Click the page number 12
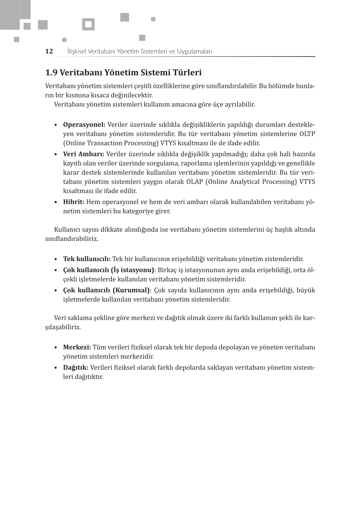pos(49,51)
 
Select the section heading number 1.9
pos(51,73)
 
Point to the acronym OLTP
pos(307,134)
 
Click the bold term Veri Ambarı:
pos(84,154)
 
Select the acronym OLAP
pos(194,182)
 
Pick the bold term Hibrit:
pos(74,202)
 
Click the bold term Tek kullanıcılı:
pos(87,259)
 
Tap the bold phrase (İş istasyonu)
pos(132,270)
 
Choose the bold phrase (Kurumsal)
pos(131,290)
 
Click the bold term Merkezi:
pos(77,347)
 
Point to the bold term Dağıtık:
pos(76,368)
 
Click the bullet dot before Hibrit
pos(56,202)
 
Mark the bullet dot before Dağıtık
pos(56,368)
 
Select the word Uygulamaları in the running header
pos(194,51)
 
